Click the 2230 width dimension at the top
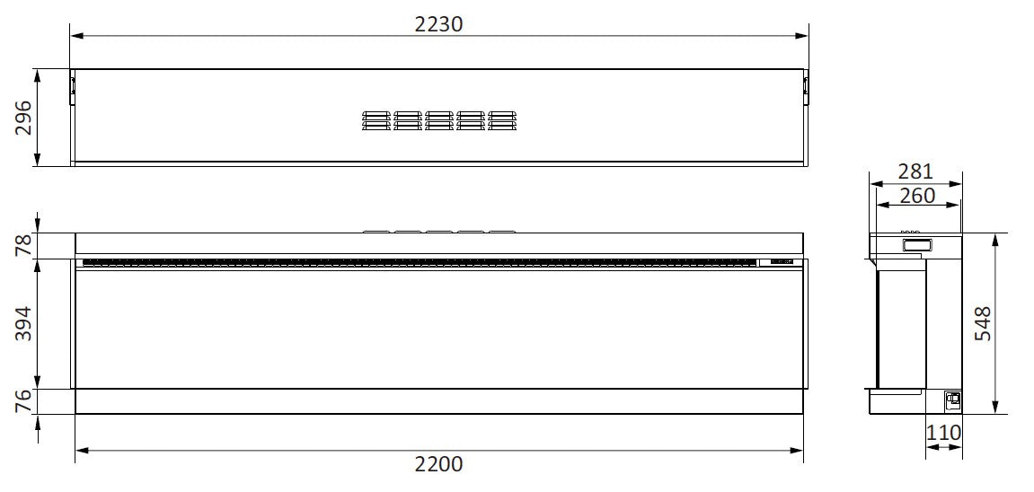point(438,23)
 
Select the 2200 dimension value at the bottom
point(438,463)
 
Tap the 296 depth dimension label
point(23,118)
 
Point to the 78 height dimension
point(23,245)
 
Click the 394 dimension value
point(23,324)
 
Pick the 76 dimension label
point(23,401)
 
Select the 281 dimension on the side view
point(915,171)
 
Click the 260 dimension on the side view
point(916,194)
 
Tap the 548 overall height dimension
point(982,324)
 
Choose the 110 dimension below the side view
point(943,433)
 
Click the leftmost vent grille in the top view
point(376,120)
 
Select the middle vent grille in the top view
point(438,120)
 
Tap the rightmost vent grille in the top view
point(501,120)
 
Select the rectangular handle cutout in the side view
point(916,243)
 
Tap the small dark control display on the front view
point(778,262)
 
